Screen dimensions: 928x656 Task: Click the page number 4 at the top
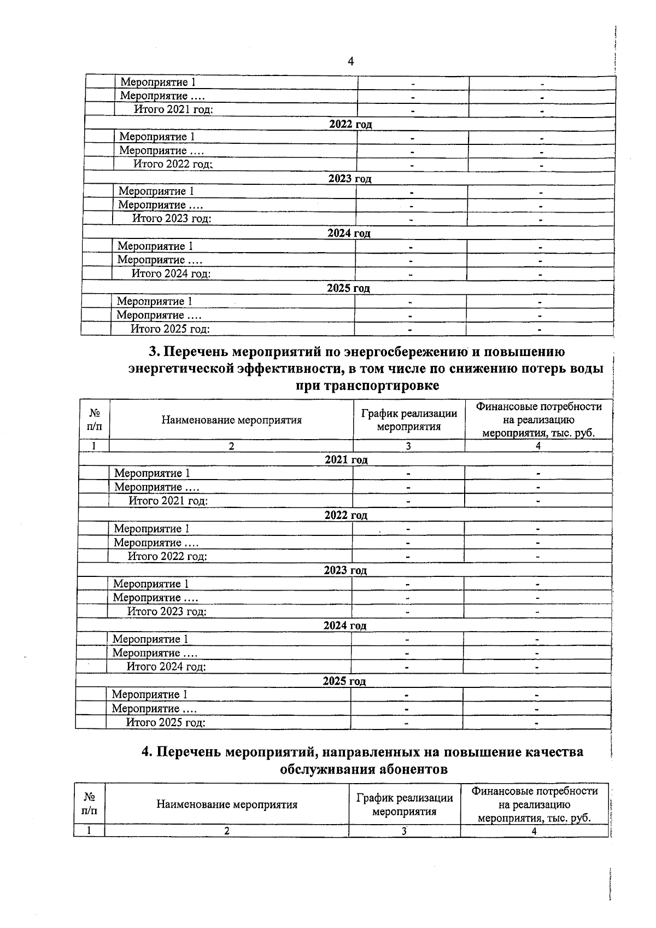pos(351,61)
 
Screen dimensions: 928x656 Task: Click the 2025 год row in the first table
pos(348,288)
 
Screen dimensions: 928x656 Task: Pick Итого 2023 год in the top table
pos(172,219)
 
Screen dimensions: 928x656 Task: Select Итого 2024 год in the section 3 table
pos(166,667)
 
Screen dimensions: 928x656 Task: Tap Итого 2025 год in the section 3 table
pos(166,722)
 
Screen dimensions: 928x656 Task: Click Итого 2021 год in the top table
pos(174,109)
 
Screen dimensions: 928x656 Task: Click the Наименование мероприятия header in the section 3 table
pos(231,420)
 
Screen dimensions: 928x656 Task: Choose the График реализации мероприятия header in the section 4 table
pos(405,804)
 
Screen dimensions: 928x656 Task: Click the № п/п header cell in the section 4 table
pos(89,804)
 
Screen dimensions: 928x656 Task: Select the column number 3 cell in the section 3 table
pos(408,446)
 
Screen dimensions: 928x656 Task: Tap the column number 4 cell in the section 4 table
pos(534,831)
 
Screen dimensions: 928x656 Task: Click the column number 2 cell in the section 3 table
pos(231,446)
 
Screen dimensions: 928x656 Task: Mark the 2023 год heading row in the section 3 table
pos(345,570)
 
